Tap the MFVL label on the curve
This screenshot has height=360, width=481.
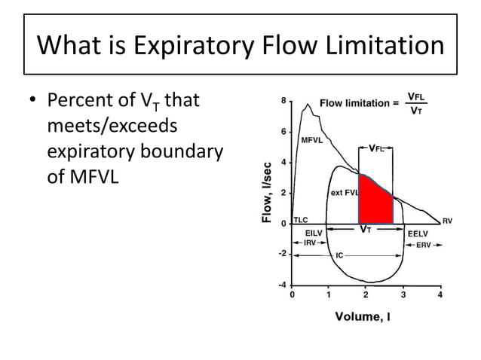[x=313, y=140]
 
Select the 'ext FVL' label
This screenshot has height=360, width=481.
[x=345, y=193]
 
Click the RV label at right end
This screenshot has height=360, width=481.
[x=446, y=221]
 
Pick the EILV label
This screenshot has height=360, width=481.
[x=313, y=233]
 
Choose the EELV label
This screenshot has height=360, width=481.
[x=418, y=233]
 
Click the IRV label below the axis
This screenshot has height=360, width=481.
[x=309, y=243]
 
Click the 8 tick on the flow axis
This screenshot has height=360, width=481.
[x=283, y=101]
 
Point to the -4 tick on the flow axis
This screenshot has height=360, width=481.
[x=281, y=285]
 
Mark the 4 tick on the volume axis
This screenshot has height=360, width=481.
[x=440, y=295]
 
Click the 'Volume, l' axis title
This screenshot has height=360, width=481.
[x=363, y=316]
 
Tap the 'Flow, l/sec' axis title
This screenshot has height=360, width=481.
[x=266, y=193]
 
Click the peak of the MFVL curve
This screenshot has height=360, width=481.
[x=308, y=105]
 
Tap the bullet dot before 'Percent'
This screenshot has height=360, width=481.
[x=33, y=101]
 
